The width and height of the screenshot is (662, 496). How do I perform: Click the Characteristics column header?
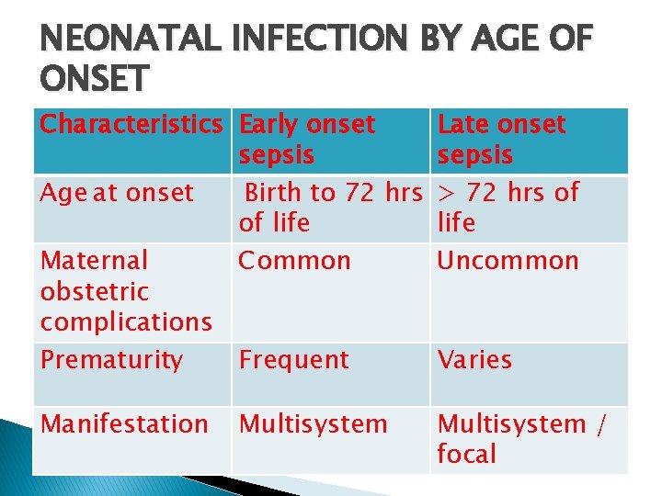click(x=131, y=124)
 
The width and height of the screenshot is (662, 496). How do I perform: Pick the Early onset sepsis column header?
click(x=306, y=140)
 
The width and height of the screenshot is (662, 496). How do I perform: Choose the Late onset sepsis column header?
click(x=501, y=140)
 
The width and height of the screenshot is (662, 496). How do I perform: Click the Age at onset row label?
click(x=117, y=193)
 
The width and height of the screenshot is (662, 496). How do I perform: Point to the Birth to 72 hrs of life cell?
click(x=329, y=208)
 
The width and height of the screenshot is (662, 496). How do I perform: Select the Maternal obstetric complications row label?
click(x=126, y=291)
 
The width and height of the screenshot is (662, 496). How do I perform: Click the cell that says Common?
click(x=294, y=261)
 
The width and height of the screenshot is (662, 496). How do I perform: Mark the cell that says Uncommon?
click(x=508, y=261)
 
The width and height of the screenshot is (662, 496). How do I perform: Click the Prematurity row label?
click(x=111, y=360)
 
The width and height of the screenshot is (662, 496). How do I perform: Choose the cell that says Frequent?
click(x=293, y=360)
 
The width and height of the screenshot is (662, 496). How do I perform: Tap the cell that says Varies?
click(x=474, y=360)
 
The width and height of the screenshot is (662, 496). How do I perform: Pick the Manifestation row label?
click(x=124, y=424)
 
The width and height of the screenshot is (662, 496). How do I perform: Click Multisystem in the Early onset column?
click(x=313, y=424)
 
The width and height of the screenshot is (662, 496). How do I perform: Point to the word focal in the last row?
click(x=466, y=454)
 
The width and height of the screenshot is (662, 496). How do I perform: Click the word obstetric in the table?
click(x=95, y=291)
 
